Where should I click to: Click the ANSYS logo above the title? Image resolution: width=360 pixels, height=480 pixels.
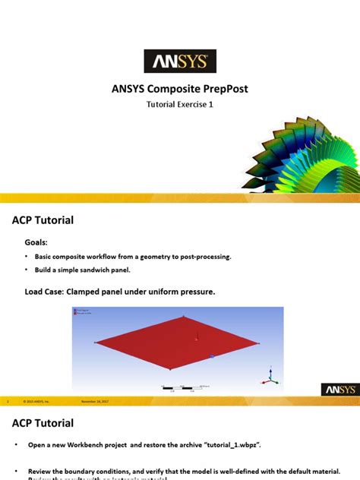[x=180, y=61]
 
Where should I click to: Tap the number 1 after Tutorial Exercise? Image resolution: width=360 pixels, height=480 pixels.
[x=211, y=106]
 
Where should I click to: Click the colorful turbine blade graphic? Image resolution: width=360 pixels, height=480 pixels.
[x=301, y=156]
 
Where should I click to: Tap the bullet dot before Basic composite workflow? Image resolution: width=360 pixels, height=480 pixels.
[x=27, y=257]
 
